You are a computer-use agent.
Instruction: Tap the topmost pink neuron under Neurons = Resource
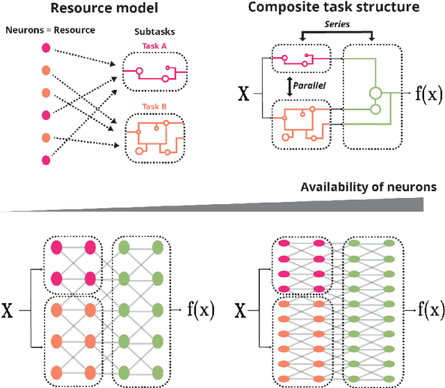[x=46, y=47]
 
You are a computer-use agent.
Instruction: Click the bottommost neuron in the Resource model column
[x=46, y=160]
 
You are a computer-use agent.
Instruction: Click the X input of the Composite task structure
[x=244, y=94]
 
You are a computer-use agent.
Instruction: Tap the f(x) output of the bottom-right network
[x=429, y=306]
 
